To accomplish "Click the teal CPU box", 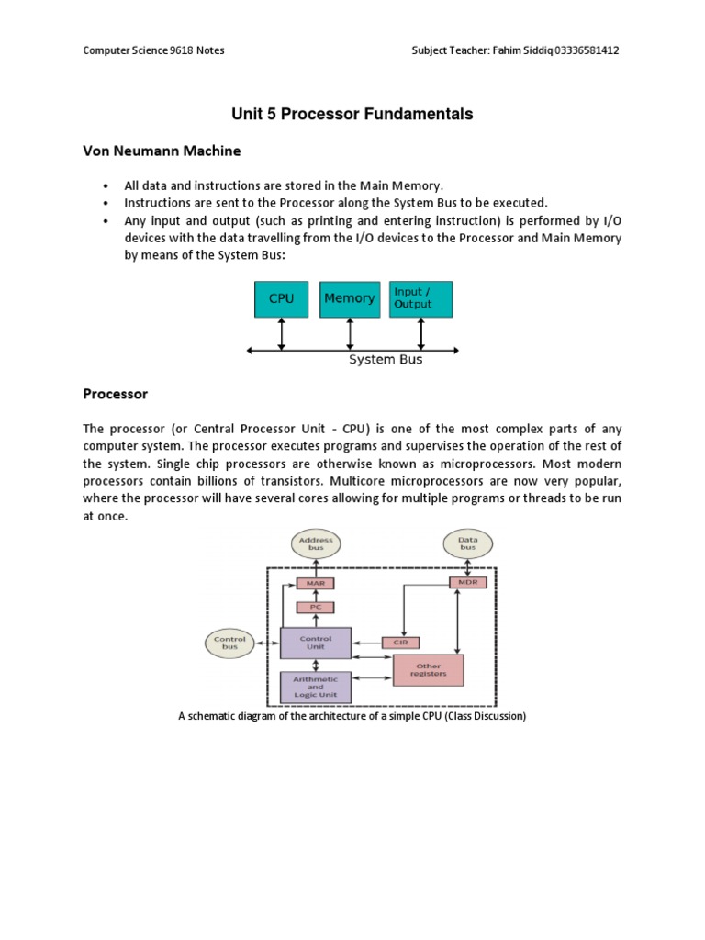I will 281,298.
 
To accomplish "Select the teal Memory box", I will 349,298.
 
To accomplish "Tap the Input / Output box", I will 420,298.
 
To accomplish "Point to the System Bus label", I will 386,360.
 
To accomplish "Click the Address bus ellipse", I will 316,544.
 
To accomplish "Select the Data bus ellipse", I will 468,544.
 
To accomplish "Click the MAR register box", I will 315,583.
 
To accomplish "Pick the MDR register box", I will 468,583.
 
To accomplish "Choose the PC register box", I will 315,607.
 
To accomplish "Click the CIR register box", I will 399,643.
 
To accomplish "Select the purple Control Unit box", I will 315,643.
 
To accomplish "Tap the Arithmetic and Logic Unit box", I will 315,686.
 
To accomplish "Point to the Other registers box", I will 428,671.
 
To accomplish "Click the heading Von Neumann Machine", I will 162,151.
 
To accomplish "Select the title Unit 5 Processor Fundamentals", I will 352,115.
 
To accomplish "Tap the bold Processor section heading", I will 115,394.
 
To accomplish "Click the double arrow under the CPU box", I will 282,334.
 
